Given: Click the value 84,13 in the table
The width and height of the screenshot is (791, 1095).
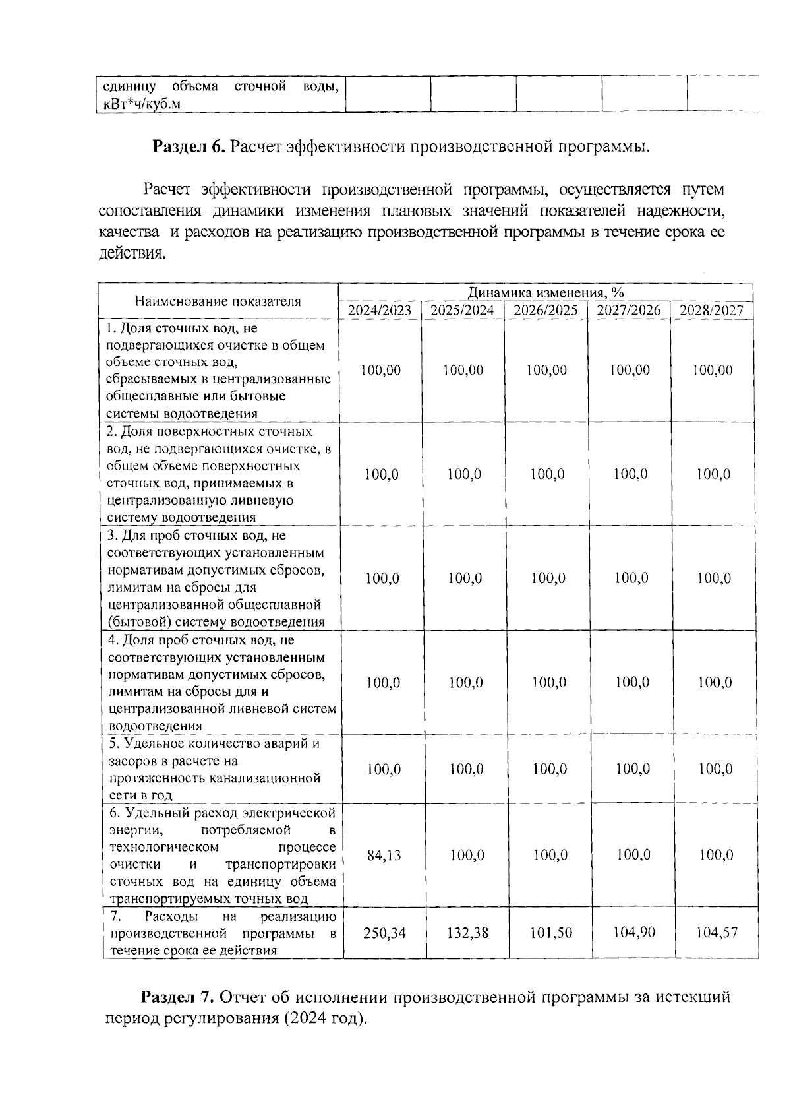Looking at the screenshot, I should tap(384, 855).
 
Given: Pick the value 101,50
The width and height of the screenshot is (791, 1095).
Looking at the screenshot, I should tap(550, 933).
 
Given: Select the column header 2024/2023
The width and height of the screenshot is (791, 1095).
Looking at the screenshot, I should tap(380, 311).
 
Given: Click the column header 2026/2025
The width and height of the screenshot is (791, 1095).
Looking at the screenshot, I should tap(546, 311).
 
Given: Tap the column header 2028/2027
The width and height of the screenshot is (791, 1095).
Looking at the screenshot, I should tap(711, 311).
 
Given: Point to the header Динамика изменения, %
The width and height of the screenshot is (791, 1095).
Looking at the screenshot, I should tap(546, 292).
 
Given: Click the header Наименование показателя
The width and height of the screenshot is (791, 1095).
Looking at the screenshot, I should tap(218, 301).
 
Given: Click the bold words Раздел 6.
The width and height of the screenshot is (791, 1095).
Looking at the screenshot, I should tap(189, 146).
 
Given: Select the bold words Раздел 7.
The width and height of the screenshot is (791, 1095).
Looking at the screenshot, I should tap(178, 997).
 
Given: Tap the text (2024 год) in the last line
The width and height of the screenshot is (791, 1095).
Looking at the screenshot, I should tap(324, 1018).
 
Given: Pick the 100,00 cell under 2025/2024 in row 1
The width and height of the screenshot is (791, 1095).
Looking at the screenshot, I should tap(463, 370).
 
